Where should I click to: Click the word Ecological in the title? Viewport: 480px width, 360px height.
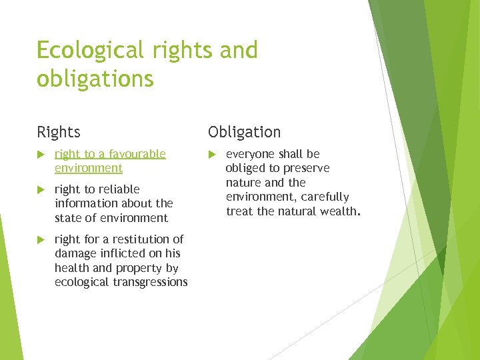[x=90, y=51]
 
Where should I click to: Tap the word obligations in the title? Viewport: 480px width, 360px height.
[x=95, y=79]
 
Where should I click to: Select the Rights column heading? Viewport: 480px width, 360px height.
[x=59, y=132]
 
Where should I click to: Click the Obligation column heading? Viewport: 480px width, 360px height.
[x=244, y=132]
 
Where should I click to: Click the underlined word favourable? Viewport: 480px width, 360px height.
[x=137, y=154]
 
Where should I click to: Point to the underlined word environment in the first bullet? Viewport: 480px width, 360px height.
[x=89, y=168]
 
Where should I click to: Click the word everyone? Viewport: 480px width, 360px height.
[x=250, y=154]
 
